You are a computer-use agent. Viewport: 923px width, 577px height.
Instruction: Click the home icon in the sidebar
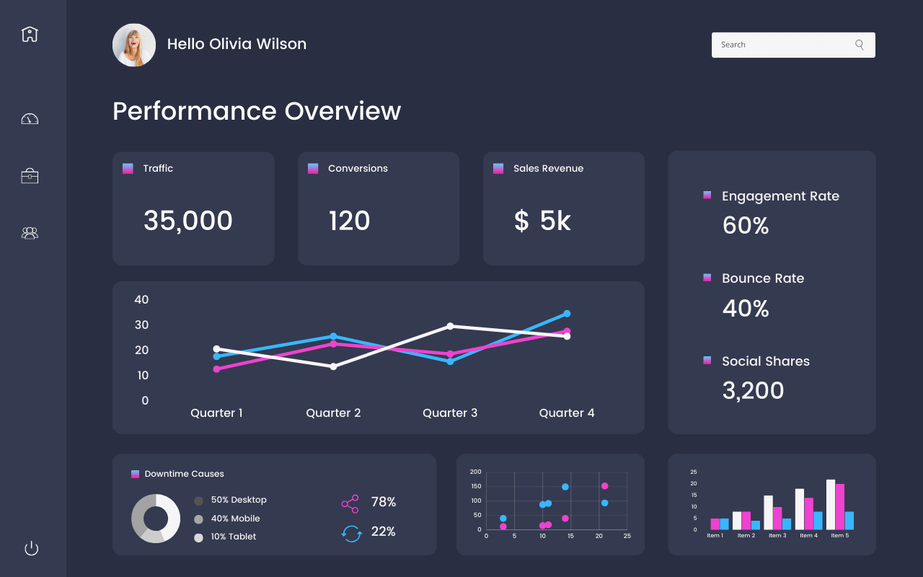point(30,34)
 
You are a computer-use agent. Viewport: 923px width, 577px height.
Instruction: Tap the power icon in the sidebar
point(31,548)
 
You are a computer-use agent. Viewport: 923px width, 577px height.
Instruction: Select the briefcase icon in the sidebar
point(30,176)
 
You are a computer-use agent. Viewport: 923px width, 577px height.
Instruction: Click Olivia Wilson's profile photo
point(134,45)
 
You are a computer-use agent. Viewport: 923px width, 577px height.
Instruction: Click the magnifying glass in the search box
point(859,45)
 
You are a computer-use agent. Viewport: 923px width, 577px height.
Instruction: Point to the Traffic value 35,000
point(187,221)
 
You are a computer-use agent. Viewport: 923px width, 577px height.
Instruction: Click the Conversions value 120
point(349,221)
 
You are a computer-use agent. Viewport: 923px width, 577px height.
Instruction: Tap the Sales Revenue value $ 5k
point(542,221)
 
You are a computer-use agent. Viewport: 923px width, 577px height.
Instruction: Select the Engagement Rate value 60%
point(746,226)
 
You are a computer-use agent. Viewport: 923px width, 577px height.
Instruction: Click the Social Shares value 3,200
point(753,390)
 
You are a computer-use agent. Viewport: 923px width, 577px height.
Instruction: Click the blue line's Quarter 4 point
point(567,314)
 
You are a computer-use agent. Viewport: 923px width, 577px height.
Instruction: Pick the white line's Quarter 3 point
point(451,326)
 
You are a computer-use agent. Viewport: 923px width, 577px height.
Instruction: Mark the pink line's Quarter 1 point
point(216,369)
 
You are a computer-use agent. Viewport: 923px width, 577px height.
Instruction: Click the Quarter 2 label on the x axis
point(333,413)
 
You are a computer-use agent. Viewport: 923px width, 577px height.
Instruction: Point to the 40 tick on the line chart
point(141,299)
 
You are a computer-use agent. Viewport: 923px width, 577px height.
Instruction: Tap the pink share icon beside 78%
point(350,503)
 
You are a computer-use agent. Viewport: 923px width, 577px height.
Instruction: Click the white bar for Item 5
point(831,505)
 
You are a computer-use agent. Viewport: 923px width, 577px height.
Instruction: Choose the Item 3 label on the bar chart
point(777,536)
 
